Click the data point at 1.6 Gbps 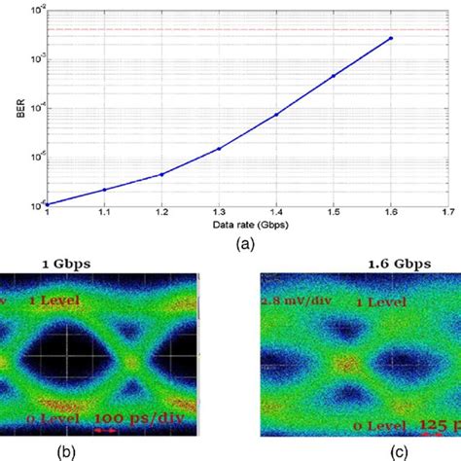[390, 39]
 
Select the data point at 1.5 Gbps [333, 76]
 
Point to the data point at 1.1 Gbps [104, 190]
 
